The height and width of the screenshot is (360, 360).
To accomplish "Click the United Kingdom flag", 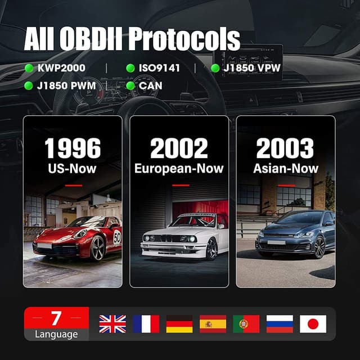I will (112, 323).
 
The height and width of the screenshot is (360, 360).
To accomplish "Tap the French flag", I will (146, 323).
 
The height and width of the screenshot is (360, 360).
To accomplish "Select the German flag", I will (179, 323).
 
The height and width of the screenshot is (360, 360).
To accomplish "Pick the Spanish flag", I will (213, 323).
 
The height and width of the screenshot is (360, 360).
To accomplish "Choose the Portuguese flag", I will (246, 323).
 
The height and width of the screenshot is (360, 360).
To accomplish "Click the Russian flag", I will (280, 323).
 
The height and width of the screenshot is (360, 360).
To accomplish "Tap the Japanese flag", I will (313, 323).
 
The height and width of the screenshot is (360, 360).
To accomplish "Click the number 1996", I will (73, 148).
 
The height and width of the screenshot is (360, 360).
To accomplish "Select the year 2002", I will (179, 148).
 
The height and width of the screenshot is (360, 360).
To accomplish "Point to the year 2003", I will (285, 148).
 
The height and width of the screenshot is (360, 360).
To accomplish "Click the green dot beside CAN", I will (130, 85).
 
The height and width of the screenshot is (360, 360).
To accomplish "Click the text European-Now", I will (179, 168).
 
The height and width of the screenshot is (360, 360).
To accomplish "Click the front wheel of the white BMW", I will (211, 249).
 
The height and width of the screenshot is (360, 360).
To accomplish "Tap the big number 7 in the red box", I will (56, 318).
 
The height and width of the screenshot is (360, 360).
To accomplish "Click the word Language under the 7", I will (56, 334).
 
